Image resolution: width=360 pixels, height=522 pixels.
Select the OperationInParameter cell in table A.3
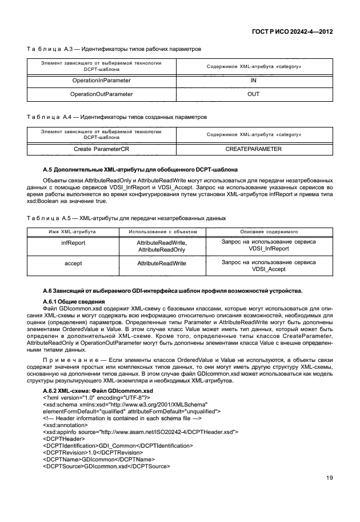click(x=101, y=81)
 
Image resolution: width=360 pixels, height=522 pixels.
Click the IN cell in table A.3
click(x=254, y=81)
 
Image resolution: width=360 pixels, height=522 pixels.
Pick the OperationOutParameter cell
click(x=101, y=94)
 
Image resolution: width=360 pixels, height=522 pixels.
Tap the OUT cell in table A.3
click(x=254, y=94)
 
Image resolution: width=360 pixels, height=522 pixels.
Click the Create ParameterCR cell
click(x=101, y=149)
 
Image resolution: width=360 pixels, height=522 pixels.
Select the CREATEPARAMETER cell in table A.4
click(x=254, y=149)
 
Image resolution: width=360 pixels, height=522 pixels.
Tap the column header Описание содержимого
click(x=269, y=232)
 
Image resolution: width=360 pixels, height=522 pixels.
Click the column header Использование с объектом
click(x=162, y=232)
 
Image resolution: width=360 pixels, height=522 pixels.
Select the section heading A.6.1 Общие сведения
click(x=74, y=301)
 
